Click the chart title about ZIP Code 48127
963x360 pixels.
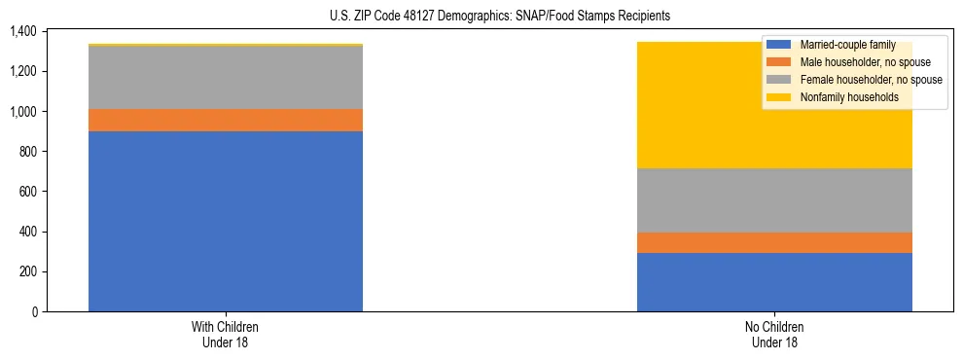(481, 17)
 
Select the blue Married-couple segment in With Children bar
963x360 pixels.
(226, 221)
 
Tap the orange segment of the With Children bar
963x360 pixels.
(226, 120)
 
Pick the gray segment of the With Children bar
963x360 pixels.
(226, 77)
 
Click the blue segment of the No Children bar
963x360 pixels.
(774, 282)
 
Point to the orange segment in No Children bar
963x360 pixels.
(774, 242)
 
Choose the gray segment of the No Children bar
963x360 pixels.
(774, 200)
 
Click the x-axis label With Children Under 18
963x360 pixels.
(226, 334)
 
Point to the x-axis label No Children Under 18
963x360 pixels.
(774, 334)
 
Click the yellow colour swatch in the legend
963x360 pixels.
(778, 97)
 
